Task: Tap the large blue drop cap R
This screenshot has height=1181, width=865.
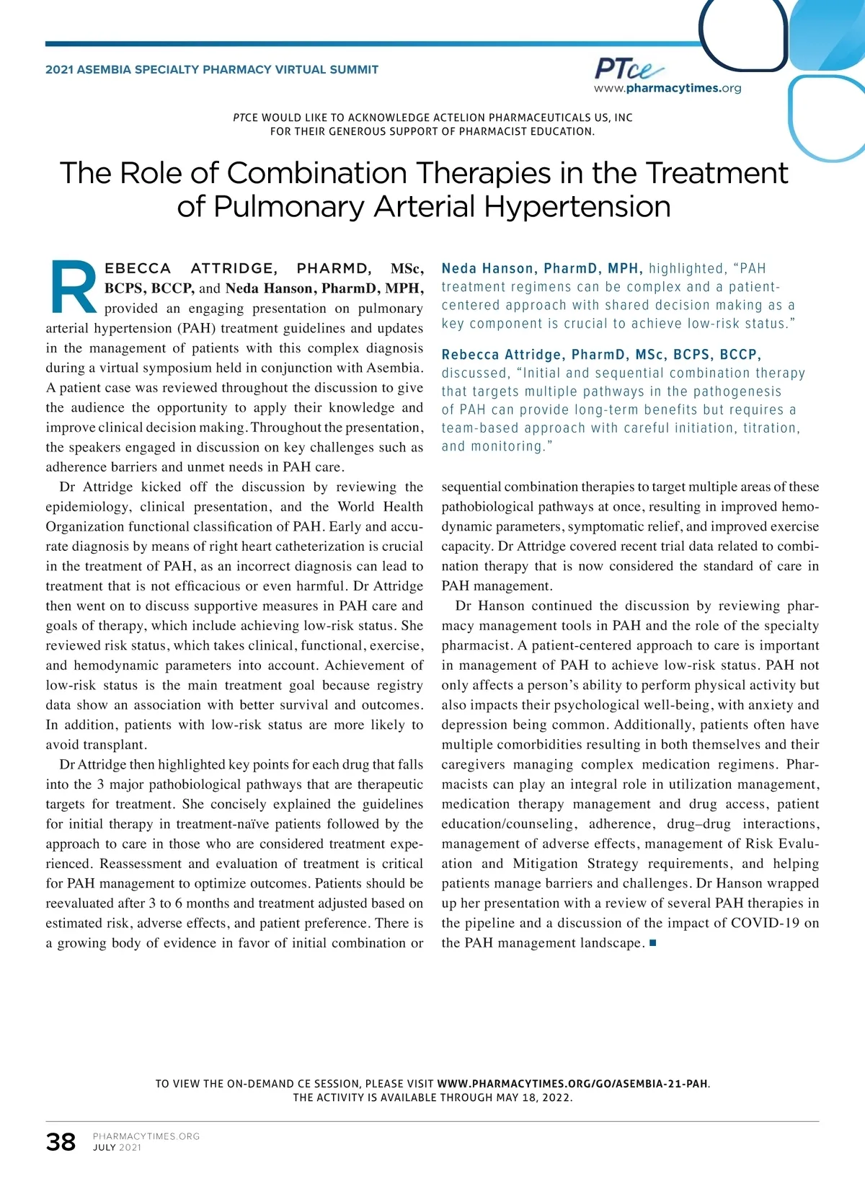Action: point(73,288)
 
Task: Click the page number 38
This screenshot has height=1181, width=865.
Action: point(61,1142)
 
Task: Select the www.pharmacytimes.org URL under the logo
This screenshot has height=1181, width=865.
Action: point(667,89)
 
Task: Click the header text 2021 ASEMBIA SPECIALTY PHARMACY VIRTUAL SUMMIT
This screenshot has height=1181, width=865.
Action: point(212,70)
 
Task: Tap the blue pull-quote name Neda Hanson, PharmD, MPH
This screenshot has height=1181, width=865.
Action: point(542,269)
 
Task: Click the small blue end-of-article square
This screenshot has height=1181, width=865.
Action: point(653,942)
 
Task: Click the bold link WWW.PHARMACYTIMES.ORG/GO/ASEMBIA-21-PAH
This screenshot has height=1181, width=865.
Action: point(572,1084)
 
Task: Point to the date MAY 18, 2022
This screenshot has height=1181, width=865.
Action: point(533,1098)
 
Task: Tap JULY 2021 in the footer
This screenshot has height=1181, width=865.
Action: point(117,1148)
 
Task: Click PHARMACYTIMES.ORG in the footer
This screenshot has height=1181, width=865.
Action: point(146,1136)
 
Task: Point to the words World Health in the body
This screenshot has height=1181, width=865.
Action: point(380,507)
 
